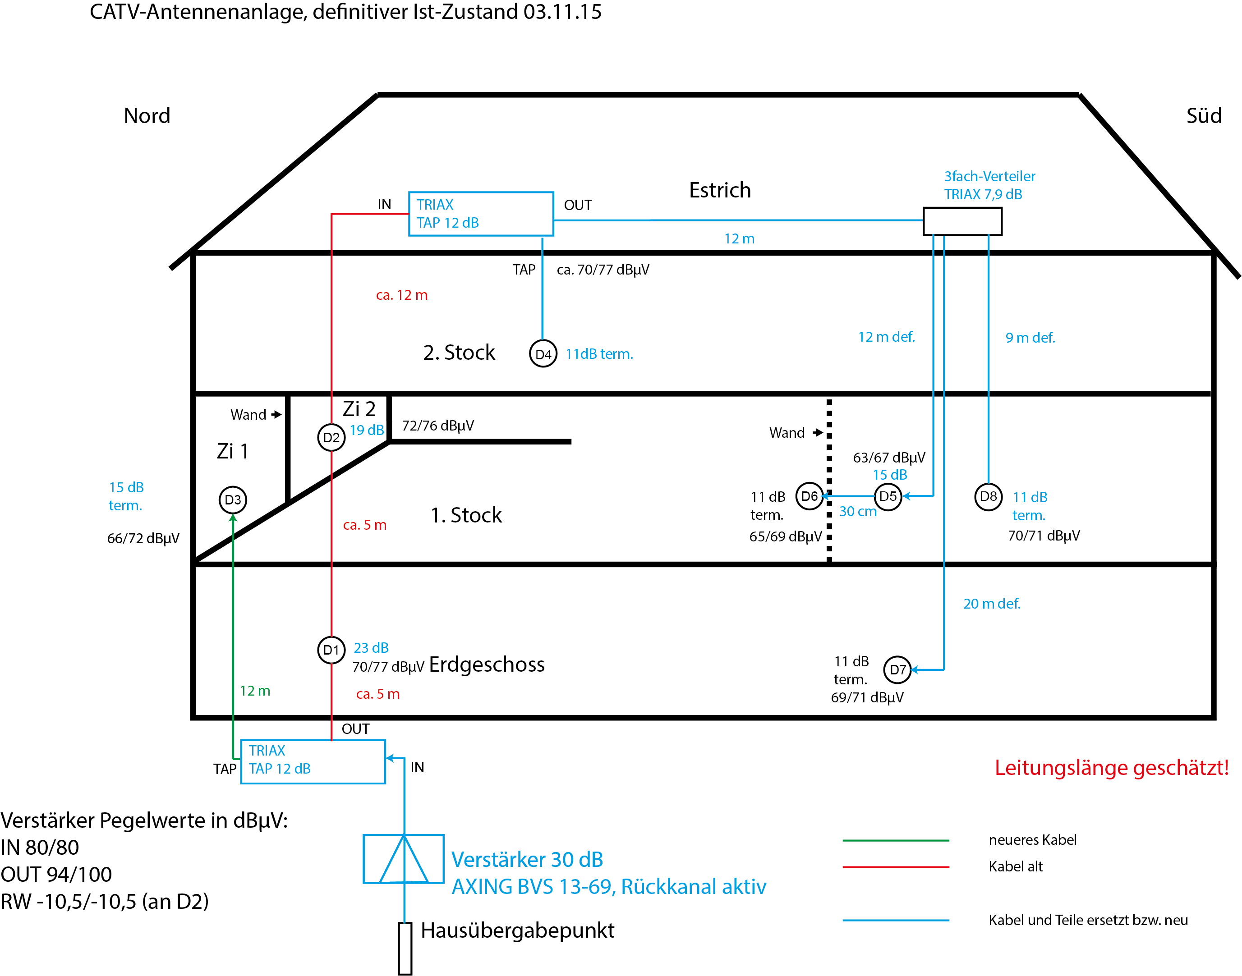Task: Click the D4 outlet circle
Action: [x=543, y=354]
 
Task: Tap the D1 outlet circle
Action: [x=331, y=650]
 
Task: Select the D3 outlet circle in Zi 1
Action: [x=233, y=500]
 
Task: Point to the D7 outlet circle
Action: [x=897, y=670]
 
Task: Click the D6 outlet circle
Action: [x=810, y=496]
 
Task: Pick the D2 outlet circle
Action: [x=331, y=438]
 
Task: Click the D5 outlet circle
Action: [x=888, y=496]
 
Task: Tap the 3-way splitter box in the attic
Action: [x=962, y=221]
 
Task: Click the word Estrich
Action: [x=720, y=190]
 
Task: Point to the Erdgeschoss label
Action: [x=487, y=664]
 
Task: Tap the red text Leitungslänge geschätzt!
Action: [x=1111, y=767]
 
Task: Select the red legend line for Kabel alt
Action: [x=896, y=867]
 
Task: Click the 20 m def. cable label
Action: [x=992, y=604]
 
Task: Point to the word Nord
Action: [x=147, y=116]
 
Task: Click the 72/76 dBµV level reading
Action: [x=438, y=426]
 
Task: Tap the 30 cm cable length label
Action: [x=857, y=511]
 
